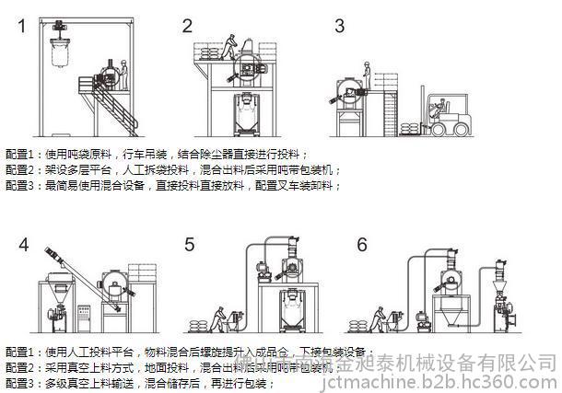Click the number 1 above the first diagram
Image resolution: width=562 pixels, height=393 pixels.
point(21,26)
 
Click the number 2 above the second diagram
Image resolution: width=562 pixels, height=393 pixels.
point(188,26)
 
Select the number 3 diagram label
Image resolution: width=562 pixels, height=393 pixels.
point(339,26)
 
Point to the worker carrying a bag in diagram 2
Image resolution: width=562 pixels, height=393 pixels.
point(228,45)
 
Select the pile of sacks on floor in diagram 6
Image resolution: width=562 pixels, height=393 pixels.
point(354,325)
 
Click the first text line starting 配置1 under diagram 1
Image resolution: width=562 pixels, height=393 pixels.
point(157,156)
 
